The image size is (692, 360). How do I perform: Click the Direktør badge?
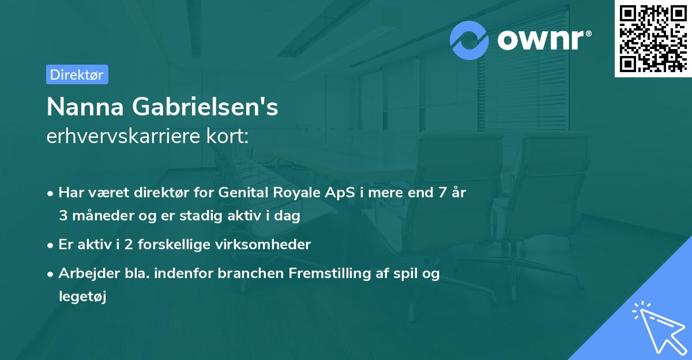click(x=77, y=74)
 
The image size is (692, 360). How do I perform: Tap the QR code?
click(x=652, y=38)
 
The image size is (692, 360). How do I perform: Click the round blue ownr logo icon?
click(x=469, y=40)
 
